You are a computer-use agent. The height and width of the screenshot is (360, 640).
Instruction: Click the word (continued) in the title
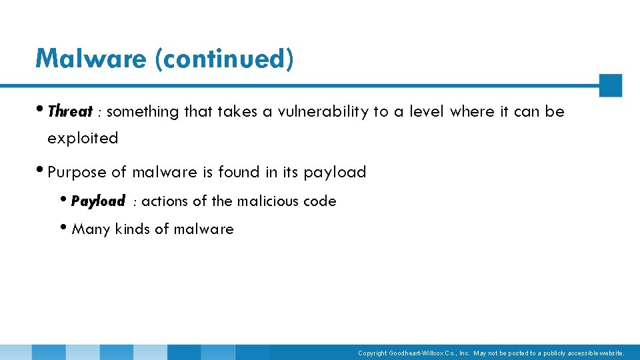(x=224, y=59)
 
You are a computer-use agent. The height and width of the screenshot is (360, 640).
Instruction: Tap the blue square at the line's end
(x=610, y=85)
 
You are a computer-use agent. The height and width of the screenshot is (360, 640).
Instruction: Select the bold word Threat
(x=70, y=111)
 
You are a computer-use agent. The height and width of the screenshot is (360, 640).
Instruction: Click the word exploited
(x=83, y=138)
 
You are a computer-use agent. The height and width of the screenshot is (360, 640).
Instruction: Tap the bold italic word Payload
(x=98, y=201)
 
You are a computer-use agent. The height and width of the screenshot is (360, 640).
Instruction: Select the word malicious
(x=267, y=201)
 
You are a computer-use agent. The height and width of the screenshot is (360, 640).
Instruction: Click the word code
(x=320, y=201)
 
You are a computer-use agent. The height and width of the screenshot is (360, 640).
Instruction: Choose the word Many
(x=91, y=229)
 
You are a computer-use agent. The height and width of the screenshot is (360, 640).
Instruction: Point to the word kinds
(x=133, y=229)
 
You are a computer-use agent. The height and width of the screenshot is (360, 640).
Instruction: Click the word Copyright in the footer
(x=372, y=353)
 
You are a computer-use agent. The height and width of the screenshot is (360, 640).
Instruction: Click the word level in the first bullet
(x=429, y=111)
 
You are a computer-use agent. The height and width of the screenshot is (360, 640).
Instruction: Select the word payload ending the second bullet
(x=335, y=172)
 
